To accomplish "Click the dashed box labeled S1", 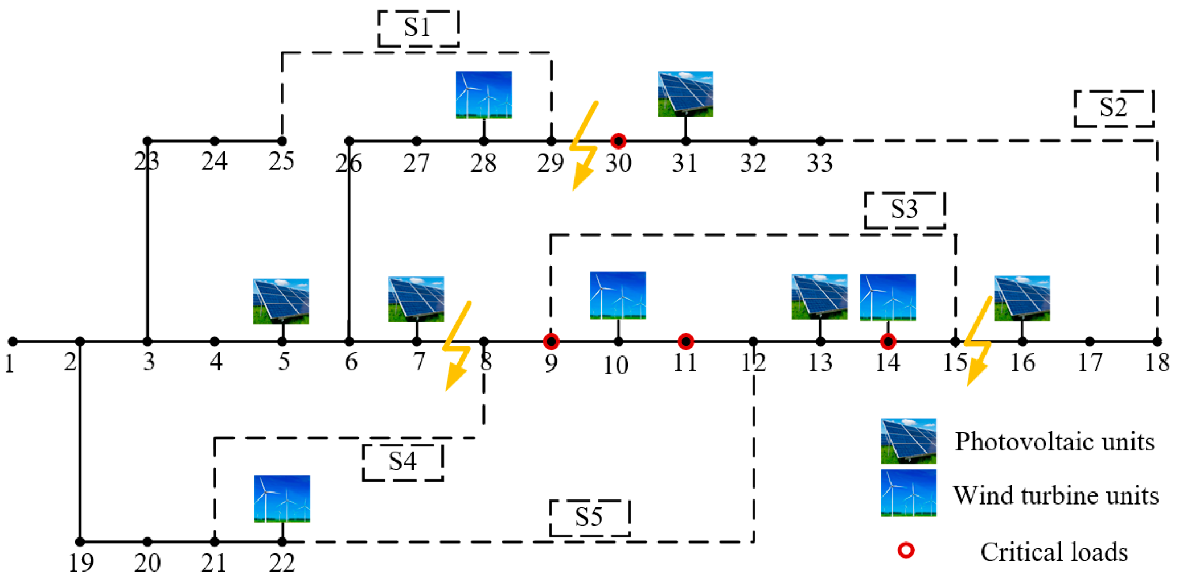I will (x=418, y=28).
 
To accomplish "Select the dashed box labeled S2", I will (x=1114, y=108).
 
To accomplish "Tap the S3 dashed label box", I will (x=905, y=210).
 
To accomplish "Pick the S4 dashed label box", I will (x=402, y=462).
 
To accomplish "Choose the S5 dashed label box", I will (x=589, y=518).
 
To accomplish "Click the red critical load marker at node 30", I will (x=618, y=140).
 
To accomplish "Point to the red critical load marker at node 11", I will (x=685, y=341).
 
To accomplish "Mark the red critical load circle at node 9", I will (x=551, y=341).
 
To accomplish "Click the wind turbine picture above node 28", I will (x=483, y=95).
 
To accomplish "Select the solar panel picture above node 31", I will (x=685, y=94).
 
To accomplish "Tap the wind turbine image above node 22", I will (x=282, y=498).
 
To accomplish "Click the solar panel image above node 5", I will (x=281, y=301).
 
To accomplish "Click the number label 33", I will (x=820, y=164).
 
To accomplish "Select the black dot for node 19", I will (x=80, y=541).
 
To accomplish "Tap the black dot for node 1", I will (x=13, y=341).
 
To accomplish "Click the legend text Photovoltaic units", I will (x=1054, y=442).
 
